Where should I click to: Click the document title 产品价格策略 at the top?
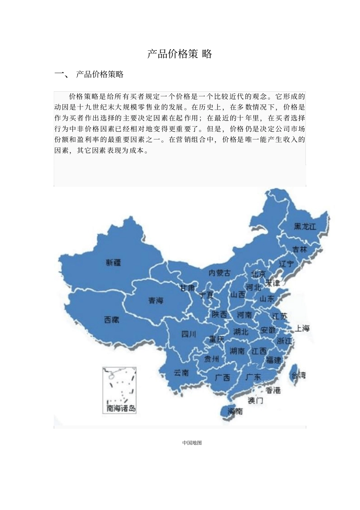[x=180, y=54]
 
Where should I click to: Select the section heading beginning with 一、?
[x=89, y=74]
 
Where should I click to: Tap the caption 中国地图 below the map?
[x=192, y=443]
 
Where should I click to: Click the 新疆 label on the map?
[x=114, y=262]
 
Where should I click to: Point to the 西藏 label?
[x=112, y=320]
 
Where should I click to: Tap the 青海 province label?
[x=155, y=300]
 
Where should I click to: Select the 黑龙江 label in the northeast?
[x=305, y=226]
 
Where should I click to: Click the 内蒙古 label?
[x=220, y=272]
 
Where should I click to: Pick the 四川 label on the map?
[x=189, y=334]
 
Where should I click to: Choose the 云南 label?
[x=181, y=372]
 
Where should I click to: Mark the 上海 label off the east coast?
[x=302, y=329]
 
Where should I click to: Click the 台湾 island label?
[x=298, y=375]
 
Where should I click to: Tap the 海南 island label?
[x=235, y=411]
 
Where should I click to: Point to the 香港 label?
[x=273, y=390]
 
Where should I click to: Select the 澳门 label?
[x=255, y=400]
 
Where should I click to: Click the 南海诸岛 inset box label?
[x=121, y=408]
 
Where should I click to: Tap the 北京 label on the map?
[x=258, y=274]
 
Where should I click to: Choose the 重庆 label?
[x=217, y=339]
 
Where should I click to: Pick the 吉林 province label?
[x=299, y=249]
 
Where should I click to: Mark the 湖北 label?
[x=241, y=332]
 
